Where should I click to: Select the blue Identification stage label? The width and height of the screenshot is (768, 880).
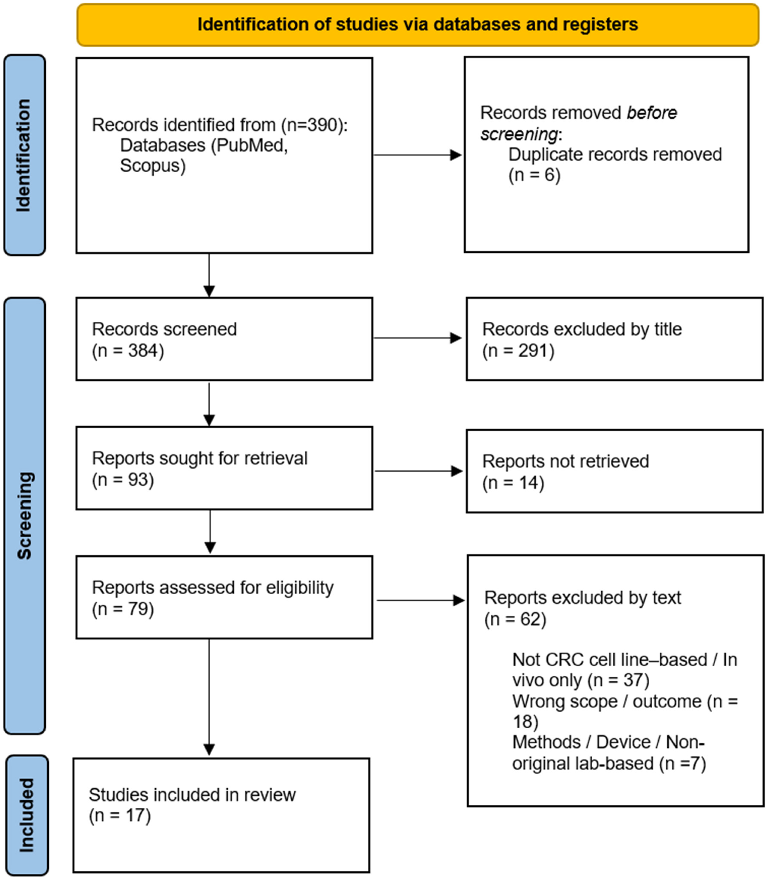coord(24,155)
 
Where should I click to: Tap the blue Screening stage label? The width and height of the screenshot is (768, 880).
coord(24,516)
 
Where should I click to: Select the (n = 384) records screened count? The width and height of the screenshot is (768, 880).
coord(128,351)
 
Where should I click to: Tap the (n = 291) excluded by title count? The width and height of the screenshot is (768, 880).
coord(518,351)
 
